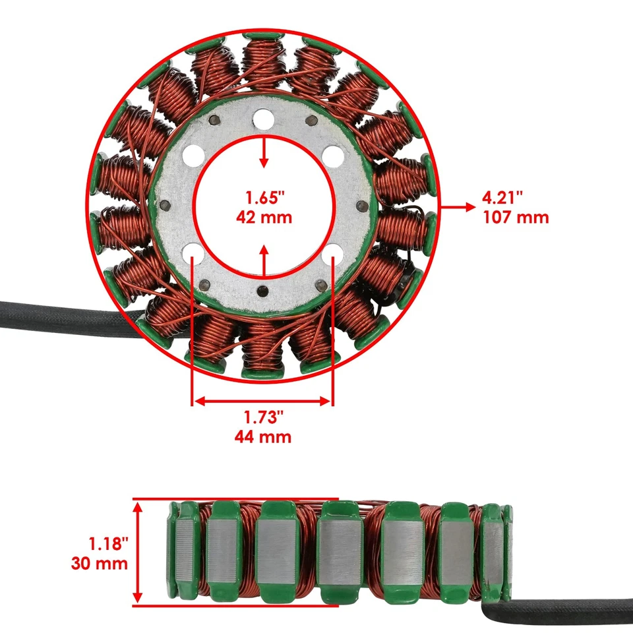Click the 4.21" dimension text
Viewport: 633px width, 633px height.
504,197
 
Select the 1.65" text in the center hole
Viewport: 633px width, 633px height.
264,197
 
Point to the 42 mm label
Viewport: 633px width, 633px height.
264,216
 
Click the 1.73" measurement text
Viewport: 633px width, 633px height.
262,417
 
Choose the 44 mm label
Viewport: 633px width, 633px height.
262,436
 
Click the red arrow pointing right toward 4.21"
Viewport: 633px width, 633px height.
459,207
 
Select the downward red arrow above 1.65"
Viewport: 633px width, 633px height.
264,153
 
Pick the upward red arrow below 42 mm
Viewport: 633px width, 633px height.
264,258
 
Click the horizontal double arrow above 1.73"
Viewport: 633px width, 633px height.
262,401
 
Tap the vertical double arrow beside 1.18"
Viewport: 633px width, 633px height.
138,553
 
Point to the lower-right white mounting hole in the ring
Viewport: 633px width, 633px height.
333,253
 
